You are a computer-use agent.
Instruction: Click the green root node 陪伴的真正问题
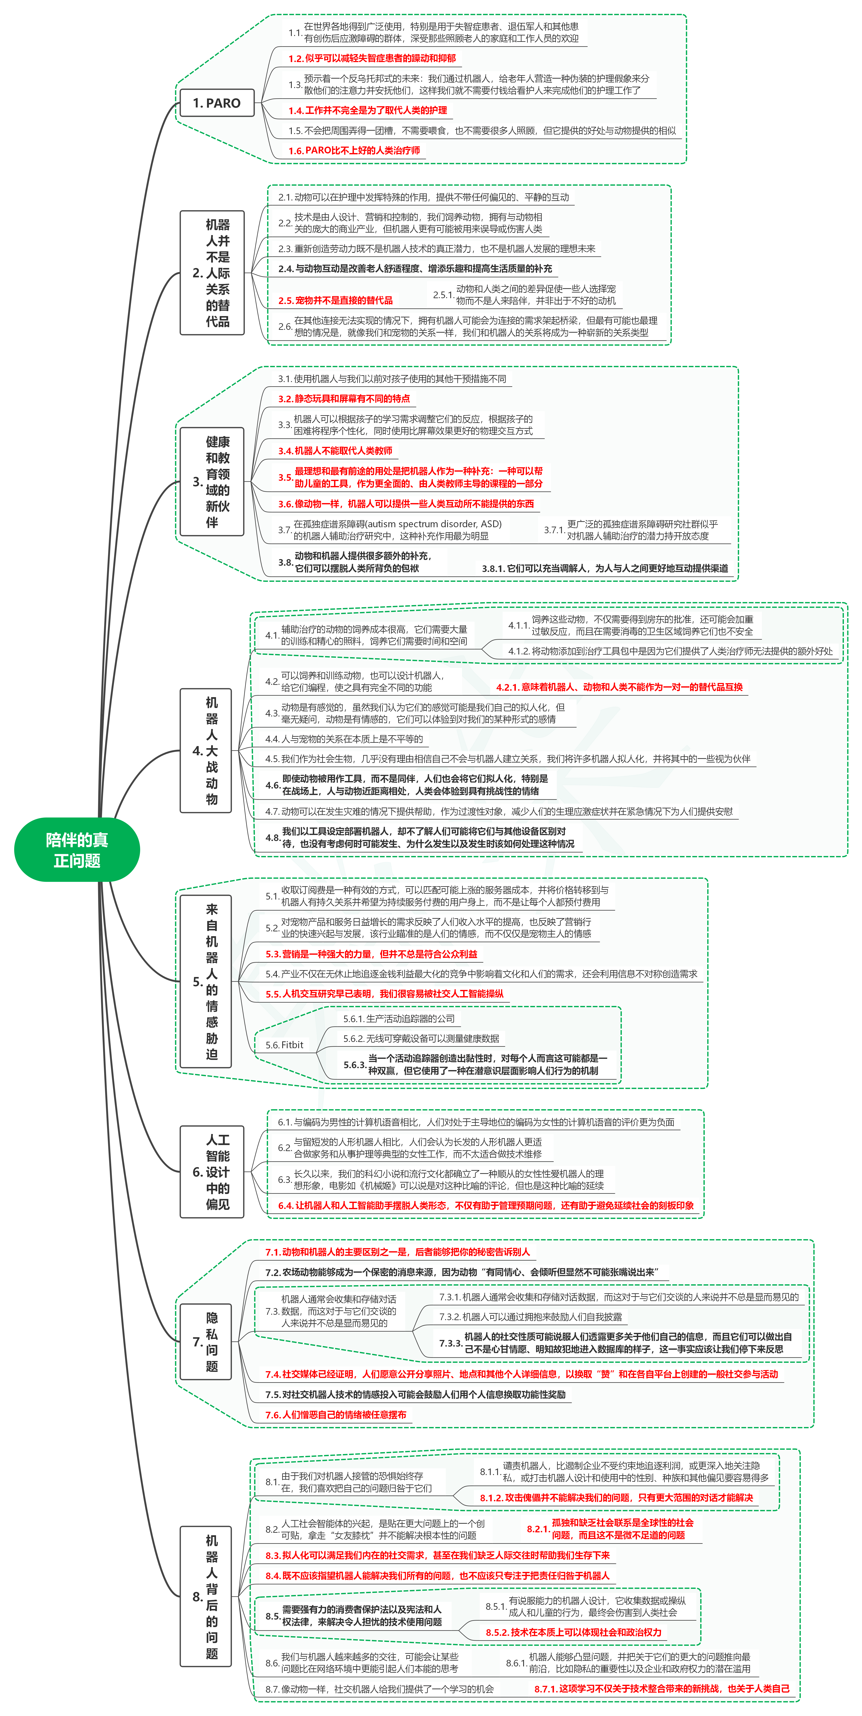coord(77,849)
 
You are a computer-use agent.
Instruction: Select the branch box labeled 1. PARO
coord(217,103)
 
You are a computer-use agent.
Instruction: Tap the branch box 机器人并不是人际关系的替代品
coord(212,273)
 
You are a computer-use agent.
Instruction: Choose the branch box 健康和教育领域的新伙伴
coord(212,482)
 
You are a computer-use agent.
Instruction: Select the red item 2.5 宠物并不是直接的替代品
coord(335,300)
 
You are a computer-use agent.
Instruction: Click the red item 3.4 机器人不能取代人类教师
coord(335,451)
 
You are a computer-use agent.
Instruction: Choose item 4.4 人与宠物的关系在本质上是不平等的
coord(344,739)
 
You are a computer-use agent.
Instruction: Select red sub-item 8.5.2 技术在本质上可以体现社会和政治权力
coord(573,1632)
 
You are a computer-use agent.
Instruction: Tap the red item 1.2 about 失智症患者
coord(372,59)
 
